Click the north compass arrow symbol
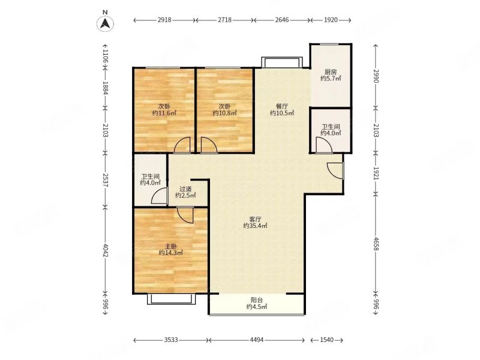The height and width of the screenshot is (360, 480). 105,23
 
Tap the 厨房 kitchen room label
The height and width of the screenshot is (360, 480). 331,72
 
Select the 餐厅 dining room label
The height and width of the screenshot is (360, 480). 282,107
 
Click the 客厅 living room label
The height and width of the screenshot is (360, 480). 256,220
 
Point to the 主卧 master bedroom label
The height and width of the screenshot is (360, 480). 171,247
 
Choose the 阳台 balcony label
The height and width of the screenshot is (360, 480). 257,301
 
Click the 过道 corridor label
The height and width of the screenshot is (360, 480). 185,189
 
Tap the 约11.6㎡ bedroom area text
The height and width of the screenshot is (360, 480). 164,113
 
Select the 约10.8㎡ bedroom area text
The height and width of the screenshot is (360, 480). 225,113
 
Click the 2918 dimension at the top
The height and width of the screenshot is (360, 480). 164,20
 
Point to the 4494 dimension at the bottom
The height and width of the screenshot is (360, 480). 257,340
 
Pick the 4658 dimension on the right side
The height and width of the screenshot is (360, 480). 376,244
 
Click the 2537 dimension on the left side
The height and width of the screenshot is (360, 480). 105,181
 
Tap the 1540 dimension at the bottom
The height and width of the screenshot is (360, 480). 327,340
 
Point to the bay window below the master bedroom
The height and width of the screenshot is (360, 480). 172,299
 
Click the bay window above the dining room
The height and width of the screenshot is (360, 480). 281,62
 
